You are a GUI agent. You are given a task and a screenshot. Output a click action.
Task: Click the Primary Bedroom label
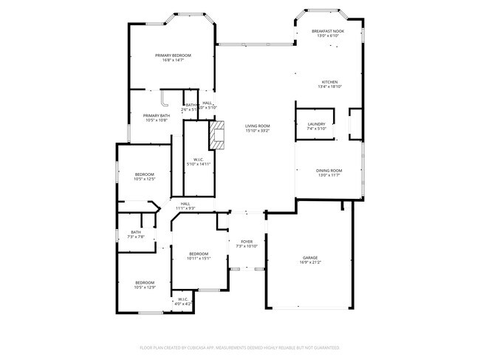coord(173,55)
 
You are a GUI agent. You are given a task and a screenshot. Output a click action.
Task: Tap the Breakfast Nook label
coord(329,31)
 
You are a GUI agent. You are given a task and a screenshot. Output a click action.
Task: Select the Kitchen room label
coord(329,82)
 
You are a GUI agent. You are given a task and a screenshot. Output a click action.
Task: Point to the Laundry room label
coord(316,124)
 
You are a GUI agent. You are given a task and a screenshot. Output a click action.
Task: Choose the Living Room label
coord(258,126)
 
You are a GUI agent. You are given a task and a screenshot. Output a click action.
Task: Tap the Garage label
coord(310,257)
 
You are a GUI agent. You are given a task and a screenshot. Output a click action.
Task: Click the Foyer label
coord(247,241)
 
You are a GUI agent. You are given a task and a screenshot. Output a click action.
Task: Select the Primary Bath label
coord(156,115)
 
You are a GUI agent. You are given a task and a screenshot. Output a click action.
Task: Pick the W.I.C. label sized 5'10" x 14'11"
coord(198,160)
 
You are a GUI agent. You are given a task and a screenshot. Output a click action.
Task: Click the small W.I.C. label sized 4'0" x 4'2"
coord(182,299)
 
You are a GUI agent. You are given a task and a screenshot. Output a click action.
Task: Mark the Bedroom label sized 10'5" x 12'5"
coord(144,174)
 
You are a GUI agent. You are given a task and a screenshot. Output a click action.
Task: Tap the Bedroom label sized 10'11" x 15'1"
coord(199,254)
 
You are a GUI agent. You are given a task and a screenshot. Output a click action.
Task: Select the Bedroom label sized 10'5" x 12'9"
coord(144,282)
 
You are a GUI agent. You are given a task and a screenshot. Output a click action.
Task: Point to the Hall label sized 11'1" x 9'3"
coord(185,204)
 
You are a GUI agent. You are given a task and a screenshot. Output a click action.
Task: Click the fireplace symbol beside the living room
coord(217,135)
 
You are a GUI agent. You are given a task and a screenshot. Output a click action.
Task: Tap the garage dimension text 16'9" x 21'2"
coord(310,262)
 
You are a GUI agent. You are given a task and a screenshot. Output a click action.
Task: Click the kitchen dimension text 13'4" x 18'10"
coord(329,86)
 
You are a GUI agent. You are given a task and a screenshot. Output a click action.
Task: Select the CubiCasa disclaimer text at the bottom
coord(240,347)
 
